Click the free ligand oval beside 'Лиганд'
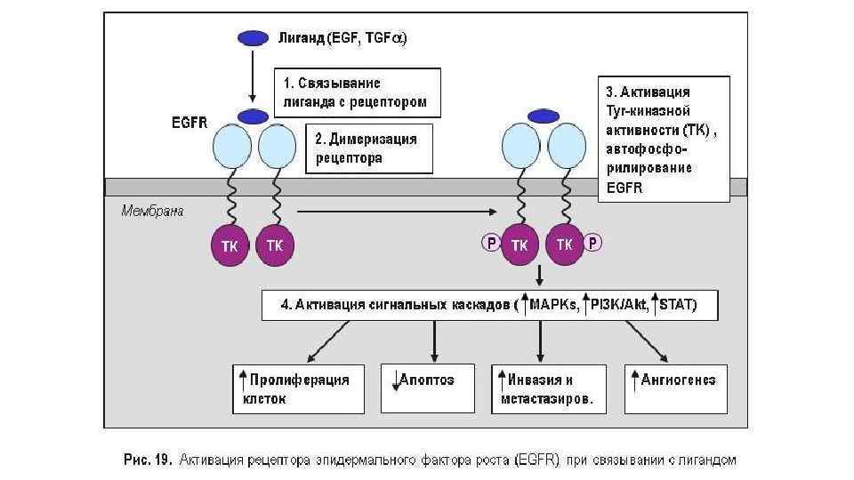[253, 38]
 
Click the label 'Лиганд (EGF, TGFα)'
[343, 38]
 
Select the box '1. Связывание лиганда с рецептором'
[356, 92]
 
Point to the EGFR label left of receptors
[189, 124]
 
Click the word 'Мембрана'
[152, 212]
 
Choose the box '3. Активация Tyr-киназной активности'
[664, 140]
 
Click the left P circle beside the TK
[489, 243]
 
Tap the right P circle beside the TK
[593, 243]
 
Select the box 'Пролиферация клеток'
[299, 389]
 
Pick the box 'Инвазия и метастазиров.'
[549, 389]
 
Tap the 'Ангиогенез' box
[676, 389]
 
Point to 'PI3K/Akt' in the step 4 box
[620, 305]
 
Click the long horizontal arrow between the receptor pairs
[395, 212]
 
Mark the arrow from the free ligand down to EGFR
[253, 76]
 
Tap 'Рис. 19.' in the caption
[146, 460]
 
